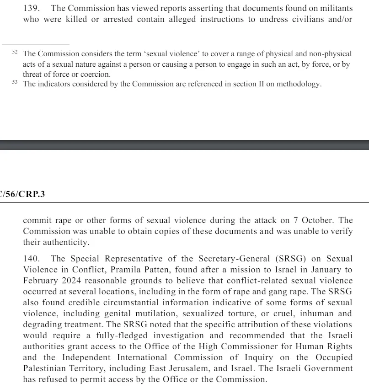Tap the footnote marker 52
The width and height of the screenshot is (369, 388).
[x=15, y=53]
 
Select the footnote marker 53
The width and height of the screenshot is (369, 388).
[x=15, y=82]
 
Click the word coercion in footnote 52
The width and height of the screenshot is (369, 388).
[x=95, y=74]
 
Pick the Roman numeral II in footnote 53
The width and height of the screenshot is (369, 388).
[x=262, y=85]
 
